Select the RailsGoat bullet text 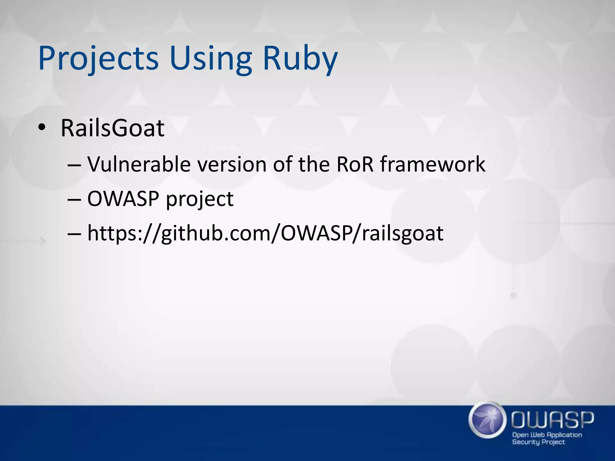click(112, 128)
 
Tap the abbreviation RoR click(355, 164)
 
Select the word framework click(433, 164)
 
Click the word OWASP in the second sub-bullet click(123, 199)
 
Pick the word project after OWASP click(200, 199)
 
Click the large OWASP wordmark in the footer click(553, 419)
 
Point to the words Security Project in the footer click(538, 442)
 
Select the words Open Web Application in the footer click(547, 435)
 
